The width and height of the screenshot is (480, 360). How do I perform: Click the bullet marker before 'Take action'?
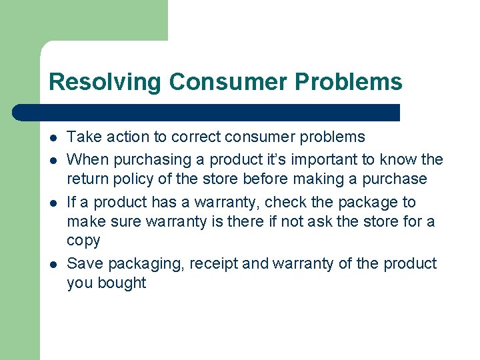tap(53, 138)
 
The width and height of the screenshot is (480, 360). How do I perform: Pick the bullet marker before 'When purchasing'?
tap(53, 160)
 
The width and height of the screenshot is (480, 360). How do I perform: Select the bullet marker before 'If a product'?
tap(53, 203)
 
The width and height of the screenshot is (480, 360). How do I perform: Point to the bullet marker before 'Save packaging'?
tap(53, 264)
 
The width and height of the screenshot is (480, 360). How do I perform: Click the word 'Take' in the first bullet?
tap(83, 137)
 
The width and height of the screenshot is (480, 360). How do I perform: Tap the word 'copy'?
tap(83, 241)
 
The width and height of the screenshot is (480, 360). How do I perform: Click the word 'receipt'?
tap(213, 263)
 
